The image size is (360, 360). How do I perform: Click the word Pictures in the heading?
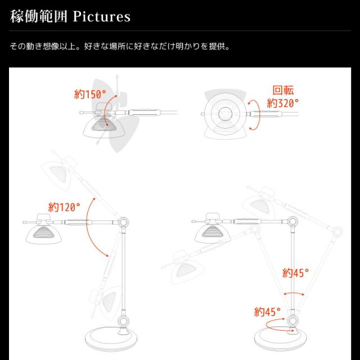tap(101, 16)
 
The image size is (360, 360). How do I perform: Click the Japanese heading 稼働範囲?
tap(39, 16)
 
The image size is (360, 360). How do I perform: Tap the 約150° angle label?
tap(90, 94)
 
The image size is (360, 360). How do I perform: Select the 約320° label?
tap(282, 103)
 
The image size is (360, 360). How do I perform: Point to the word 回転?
tap(283, 90)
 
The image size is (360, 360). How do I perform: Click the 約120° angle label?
tap(64, 207)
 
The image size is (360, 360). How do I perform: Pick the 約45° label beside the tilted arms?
tap(295, 273)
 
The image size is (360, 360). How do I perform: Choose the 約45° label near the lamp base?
tap(268, 312)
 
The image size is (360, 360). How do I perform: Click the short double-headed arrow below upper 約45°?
tap(294, 293)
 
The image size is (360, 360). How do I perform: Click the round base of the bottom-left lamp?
tap(111, 339)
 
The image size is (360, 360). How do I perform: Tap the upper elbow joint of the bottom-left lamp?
tap(123, 222)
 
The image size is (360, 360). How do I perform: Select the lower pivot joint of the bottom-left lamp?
tap(124, 321)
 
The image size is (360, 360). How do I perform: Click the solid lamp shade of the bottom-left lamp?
tap(43, 234)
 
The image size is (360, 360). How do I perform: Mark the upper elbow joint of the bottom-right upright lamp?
tap(292, 222)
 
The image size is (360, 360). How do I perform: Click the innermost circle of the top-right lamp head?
tap(225, 114)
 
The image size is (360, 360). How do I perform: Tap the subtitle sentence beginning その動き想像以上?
tap(120, 46)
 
